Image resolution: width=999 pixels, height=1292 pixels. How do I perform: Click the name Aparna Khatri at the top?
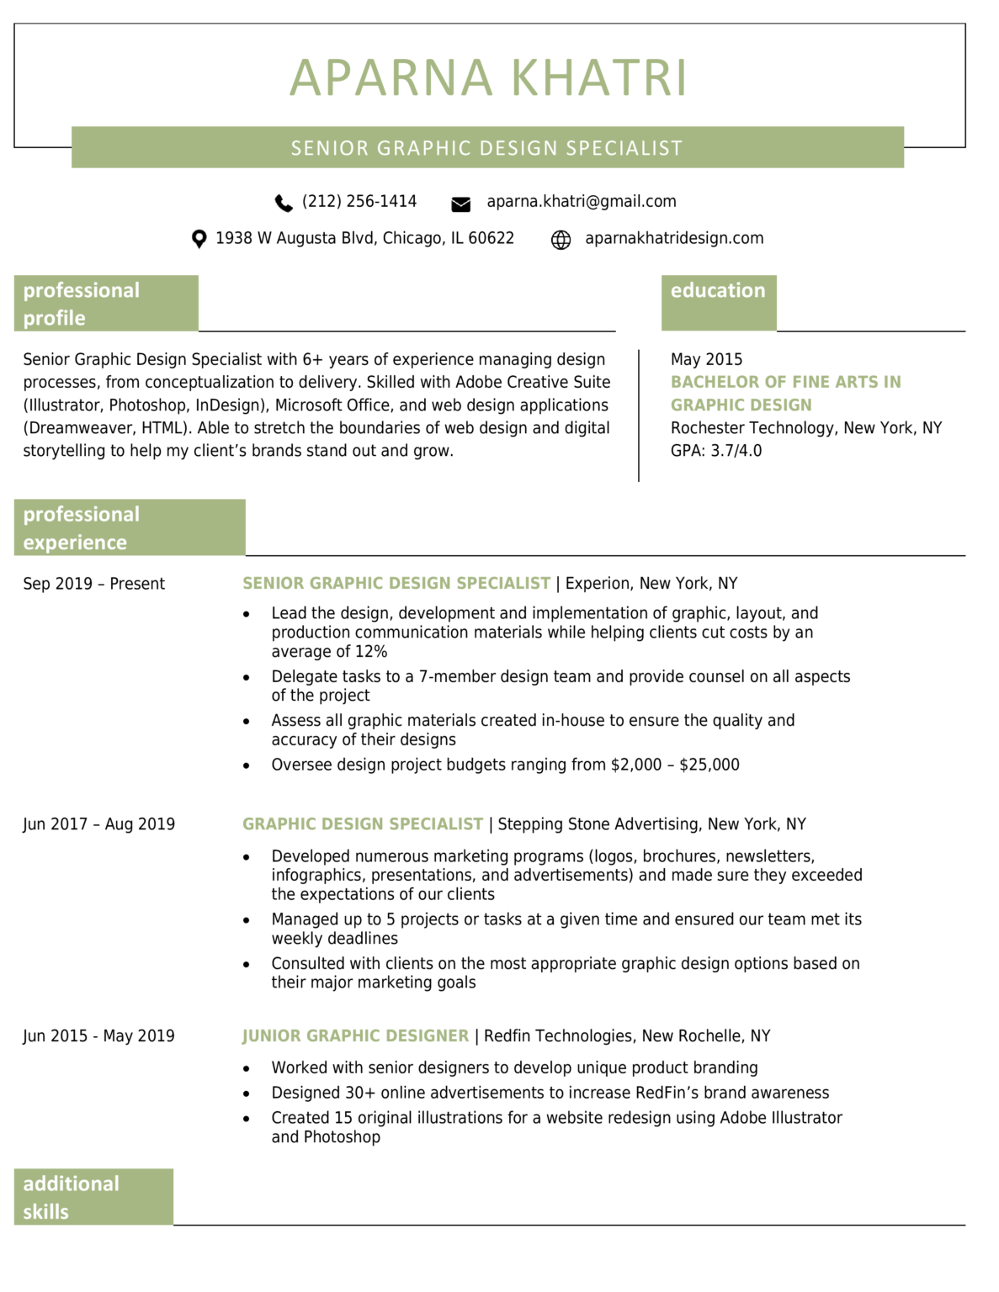(x=488, y=77)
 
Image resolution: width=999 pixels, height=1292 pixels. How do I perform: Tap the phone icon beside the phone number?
(x=284, y=203)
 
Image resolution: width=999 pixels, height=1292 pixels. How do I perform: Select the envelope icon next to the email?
(x=460, y=204)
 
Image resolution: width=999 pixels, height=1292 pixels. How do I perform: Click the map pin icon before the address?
(x=199, y=240)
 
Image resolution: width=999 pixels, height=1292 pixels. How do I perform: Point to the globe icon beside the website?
(x=561, y=240)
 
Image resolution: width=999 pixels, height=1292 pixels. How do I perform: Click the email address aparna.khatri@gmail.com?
(x=581, y=202)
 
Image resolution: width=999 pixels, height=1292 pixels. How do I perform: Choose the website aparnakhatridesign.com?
(x=674, y=238)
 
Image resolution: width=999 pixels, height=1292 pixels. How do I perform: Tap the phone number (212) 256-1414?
(x=359, y=202)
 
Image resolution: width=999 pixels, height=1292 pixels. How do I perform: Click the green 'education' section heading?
(x=718, y=291)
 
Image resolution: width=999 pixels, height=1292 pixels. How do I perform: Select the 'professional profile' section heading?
(x=82, y=304)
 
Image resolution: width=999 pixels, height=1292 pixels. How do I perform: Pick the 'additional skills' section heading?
(x=72, y=1197)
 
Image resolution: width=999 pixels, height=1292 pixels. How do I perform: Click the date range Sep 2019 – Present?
(x=93, y=584)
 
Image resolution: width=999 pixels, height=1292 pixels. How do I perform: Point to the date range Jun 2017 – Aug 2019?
(x=98, y=824)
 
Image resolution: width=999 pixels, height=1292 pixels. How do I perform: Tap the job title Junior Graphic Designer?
(x=355, y=1036)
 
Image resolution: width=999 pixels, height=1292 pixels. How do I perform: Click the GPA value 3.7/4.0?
(x=736, y=451)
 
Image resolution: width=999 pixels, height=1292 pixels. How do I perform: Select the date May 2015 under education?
(x=706, y=359)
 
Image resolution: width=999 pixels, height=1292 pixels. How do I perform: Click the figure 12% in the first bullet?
(x=370, y=652)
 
